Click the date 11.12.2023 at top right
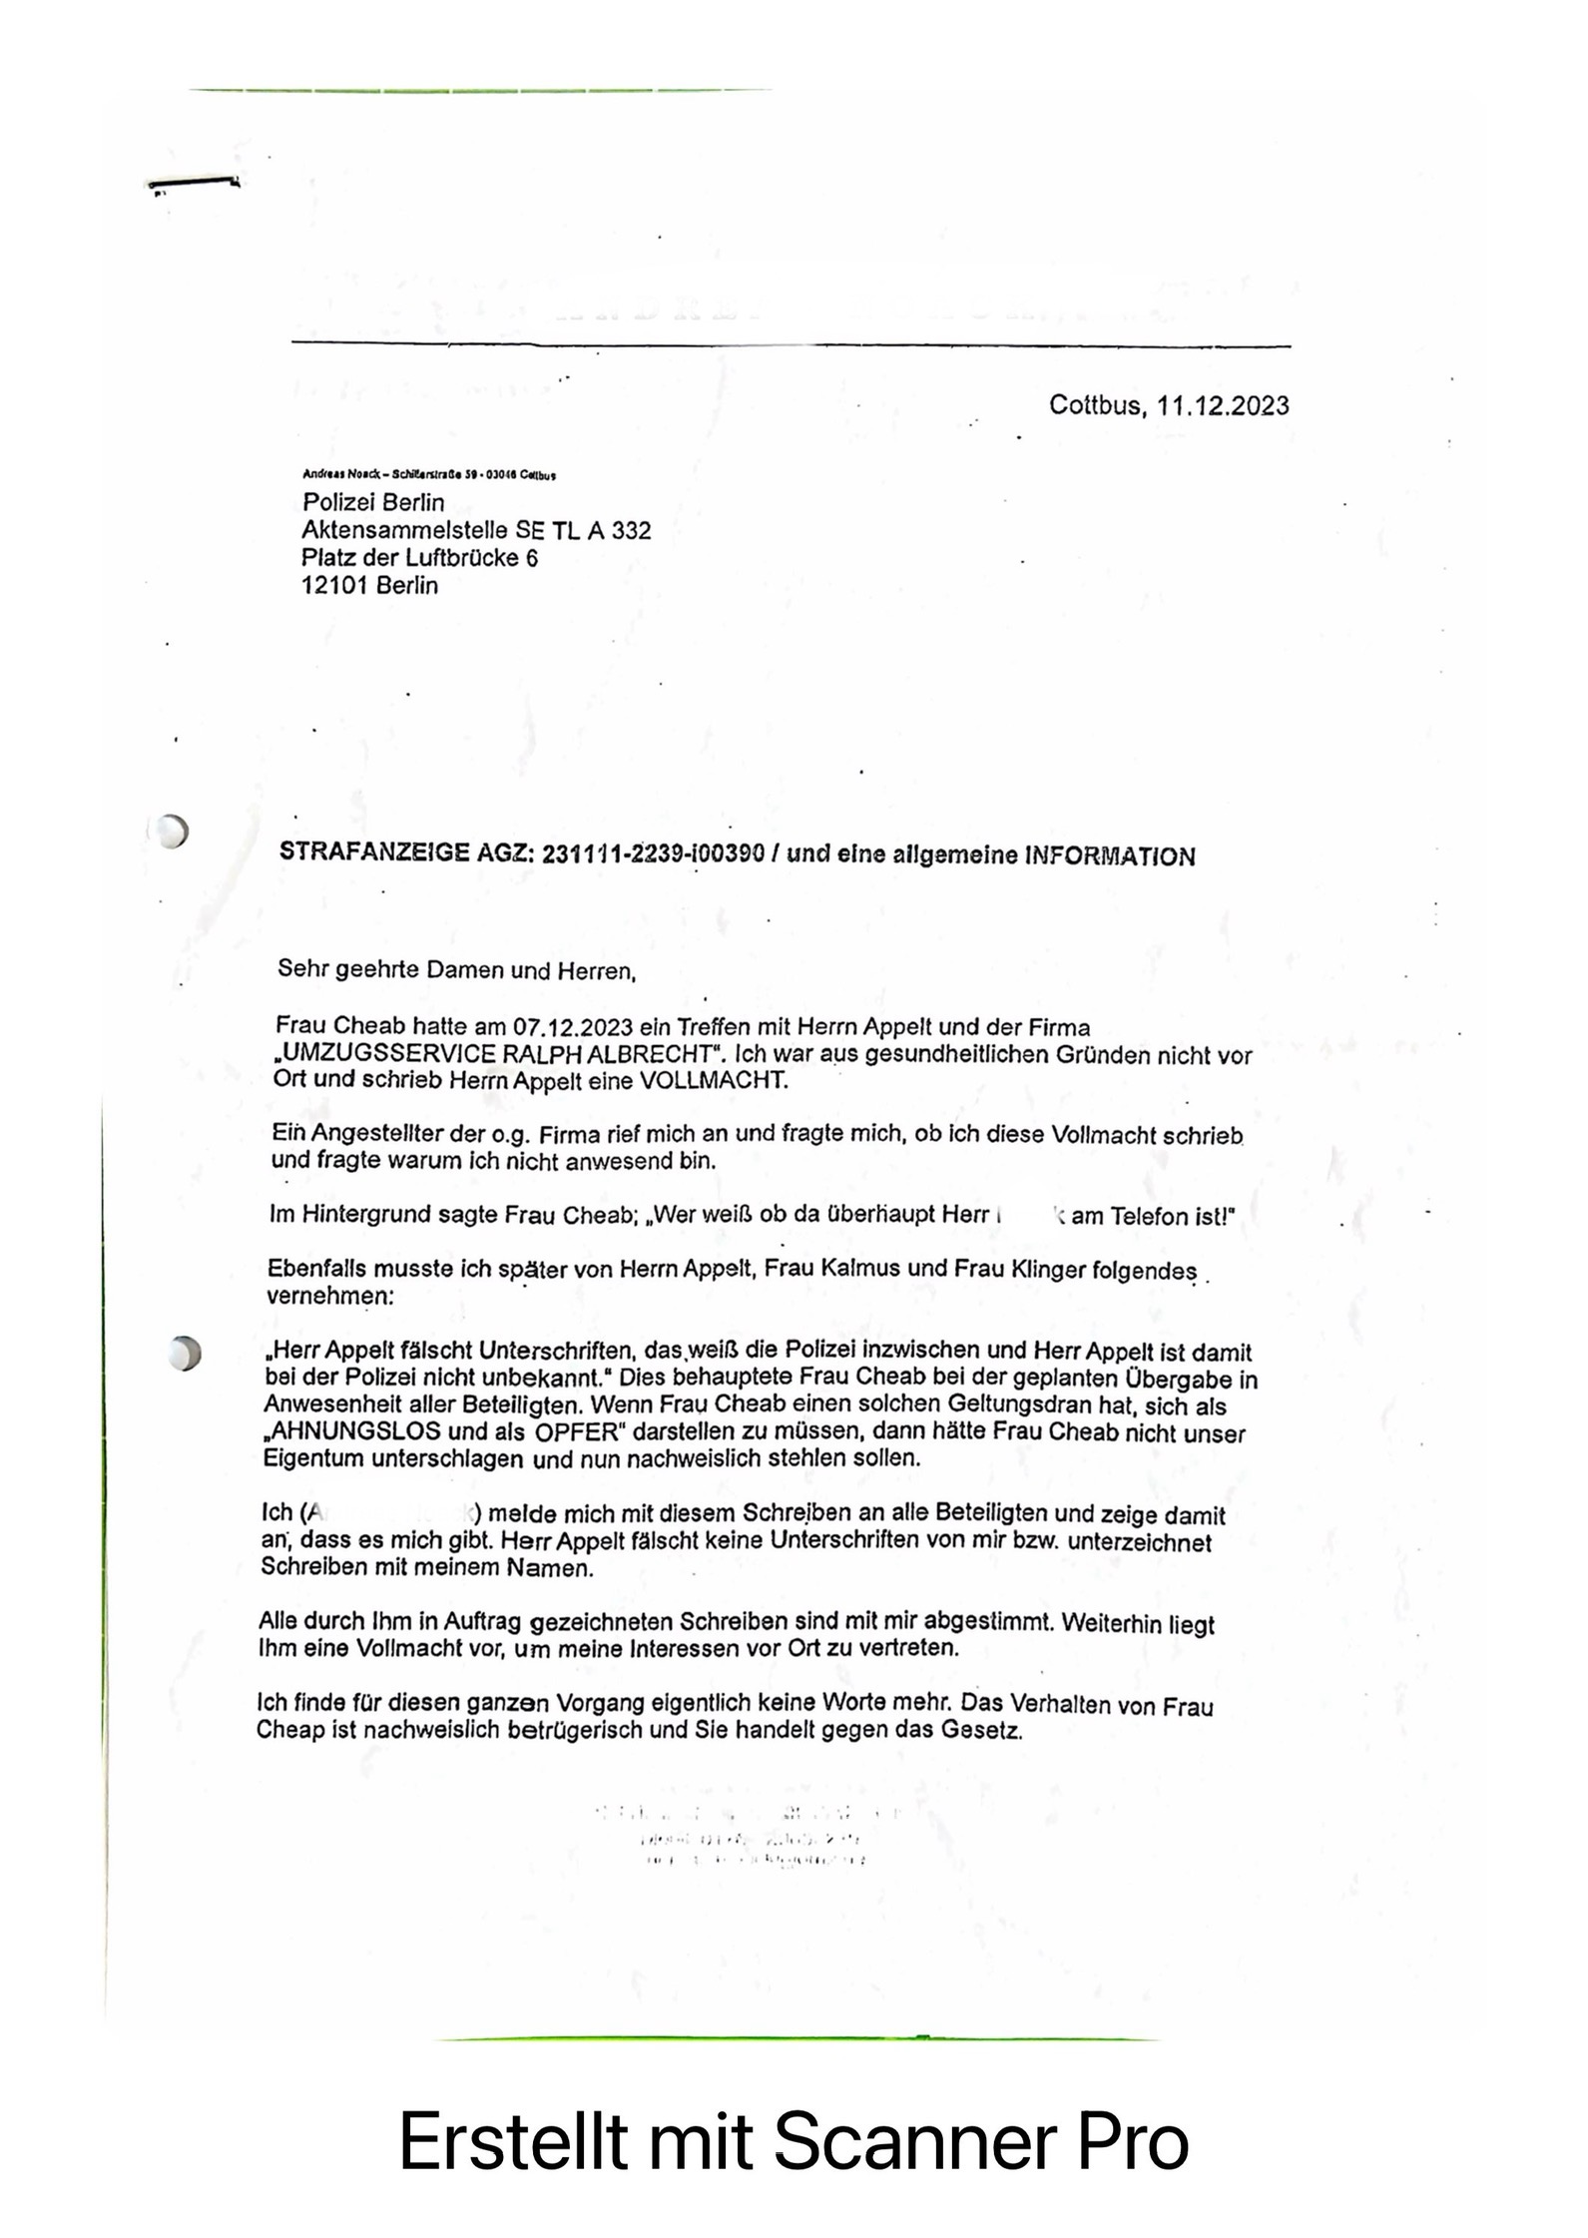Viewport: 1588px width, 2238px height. coord(1222,406)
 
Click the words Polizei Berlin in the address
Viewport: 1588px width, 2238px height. coord(373,502)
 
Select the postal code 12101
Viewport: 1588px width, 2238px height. coord(334,586)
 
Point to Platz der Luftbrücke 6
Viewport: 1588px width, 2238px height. coord(419,558)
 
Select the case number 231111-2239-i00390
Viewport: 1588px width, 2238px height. coord(654,854)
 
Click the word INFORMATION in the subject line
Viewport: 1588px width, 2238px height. coord(1110,856)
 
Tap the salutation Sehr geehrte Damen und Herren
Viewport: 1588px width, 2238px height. coord(456,969)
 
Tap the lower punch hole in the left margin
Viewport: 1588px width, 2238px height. coord(185,1353)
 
